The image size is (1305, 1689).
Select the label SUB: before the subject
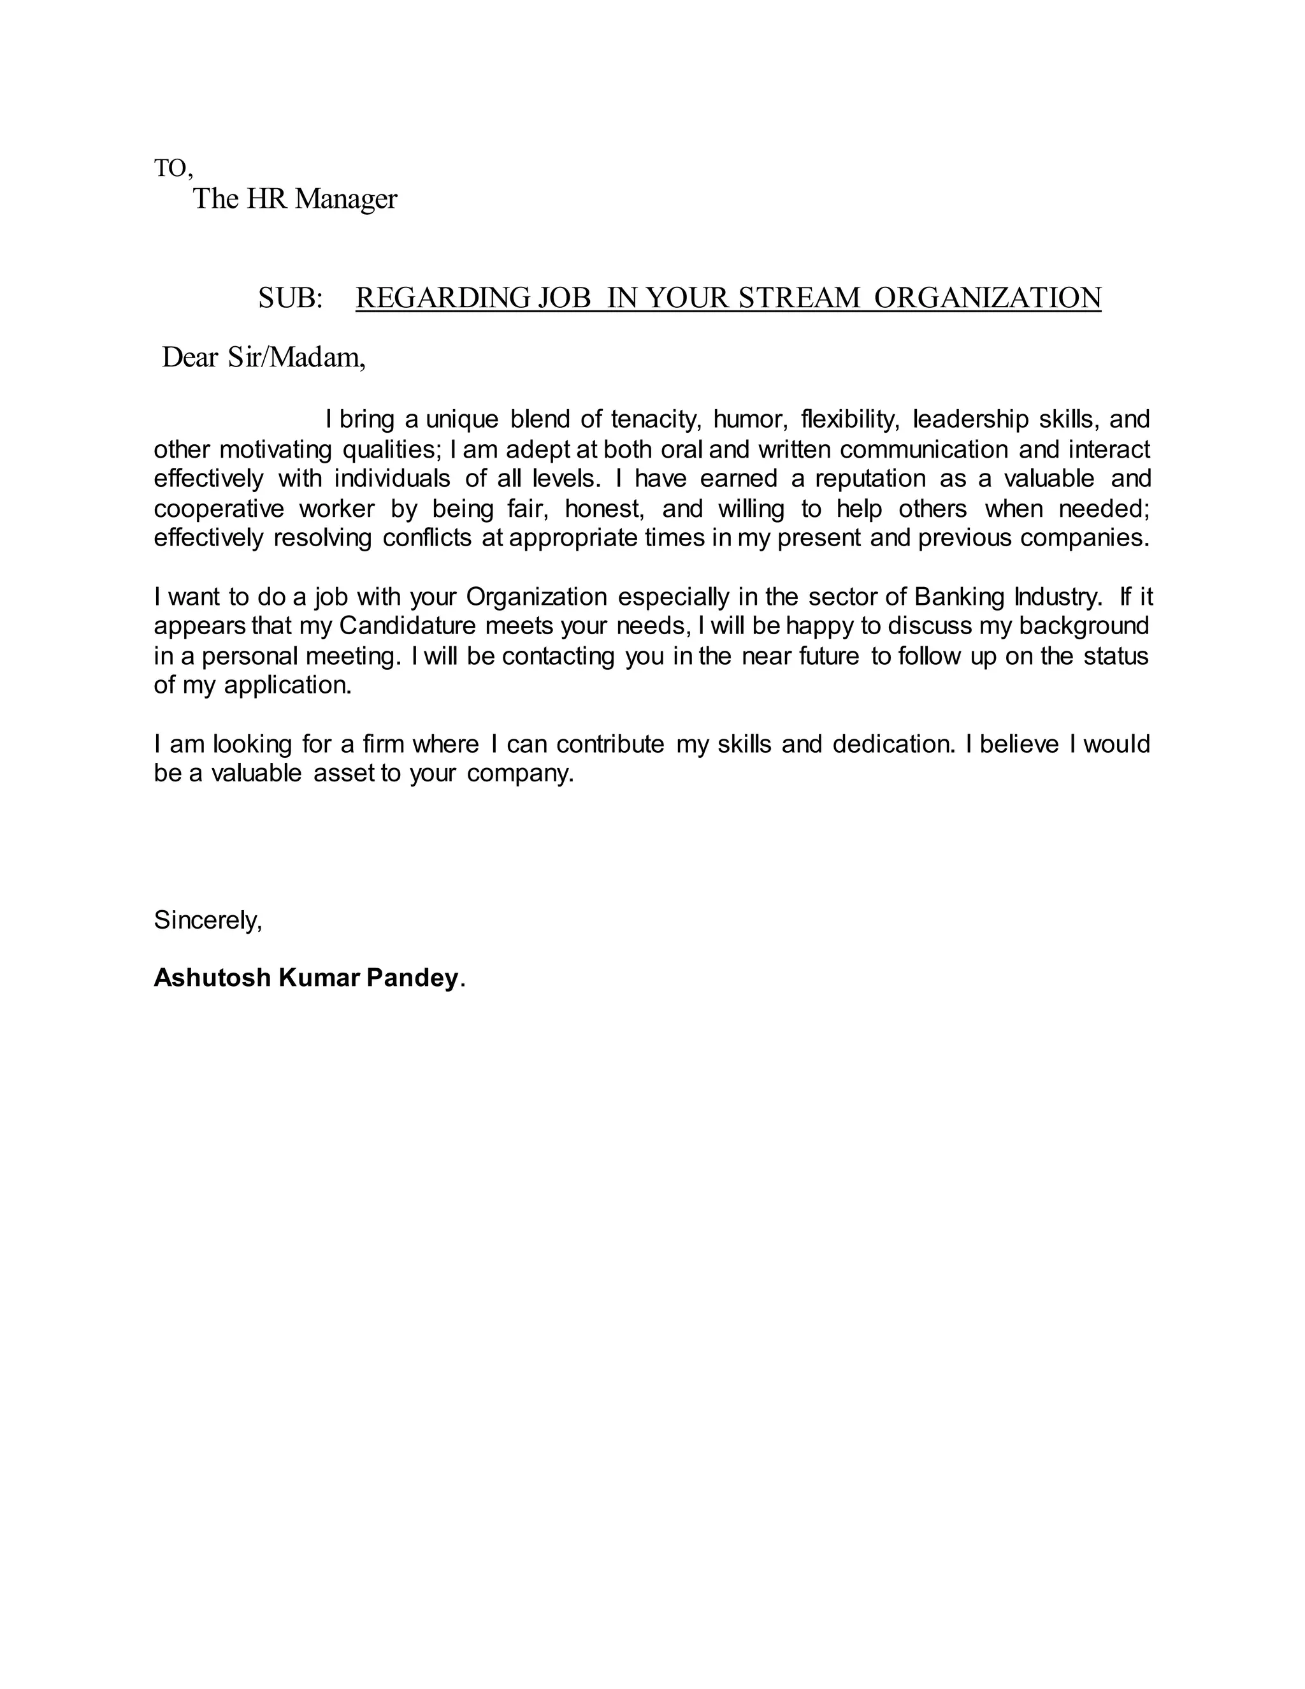click(290, 298)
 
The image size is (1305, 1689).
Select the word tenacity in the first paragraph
click(655, 420)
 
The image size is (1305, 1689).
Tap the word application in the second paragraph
click(287, 685)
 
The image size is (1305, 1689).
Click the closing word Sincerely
click(207, 920)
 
